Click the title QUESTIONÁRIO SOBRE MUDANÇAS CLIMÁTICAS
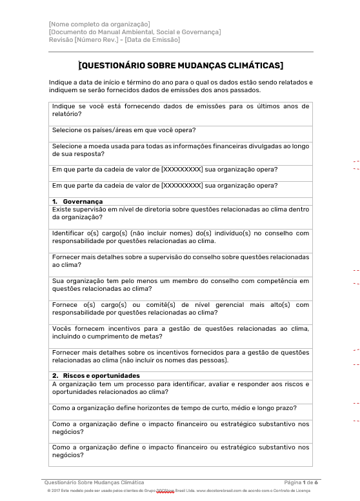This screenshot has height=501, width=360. click(181, 65)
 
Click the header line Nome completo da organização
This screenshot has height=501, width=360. click(99, 25)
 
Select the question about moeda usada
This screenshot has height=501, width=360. click(180, 150)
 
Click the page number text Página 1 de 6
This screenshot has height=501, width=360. click(301, 482)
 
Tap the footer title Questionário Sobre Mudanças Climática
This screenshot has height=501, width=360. click(94, 482)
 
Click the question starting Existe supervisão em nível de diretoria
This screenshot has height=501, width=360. click(180, 213)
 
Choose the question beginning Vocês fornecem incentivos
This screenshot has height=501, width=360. click(180, 332)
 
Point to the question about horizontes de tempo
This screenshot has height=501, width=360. click(174, 408)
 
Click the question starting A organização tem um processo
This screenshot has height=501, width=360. click(180, 388)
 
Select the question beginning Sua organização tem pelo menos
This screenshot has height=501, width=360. click(180, 284)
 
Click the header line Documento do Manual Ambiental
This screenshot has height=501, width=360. click(134, 32)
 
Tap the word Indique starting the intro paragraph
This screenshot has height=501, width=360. click(59, 82)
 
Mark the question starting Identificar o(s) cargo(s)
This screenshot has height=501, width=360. click(180, 237)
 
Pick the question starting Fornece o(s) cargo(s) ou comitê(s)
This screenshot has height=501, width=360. click(180, 308)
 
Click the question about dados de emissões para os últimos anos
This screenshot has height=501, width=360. click(180, 110)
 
